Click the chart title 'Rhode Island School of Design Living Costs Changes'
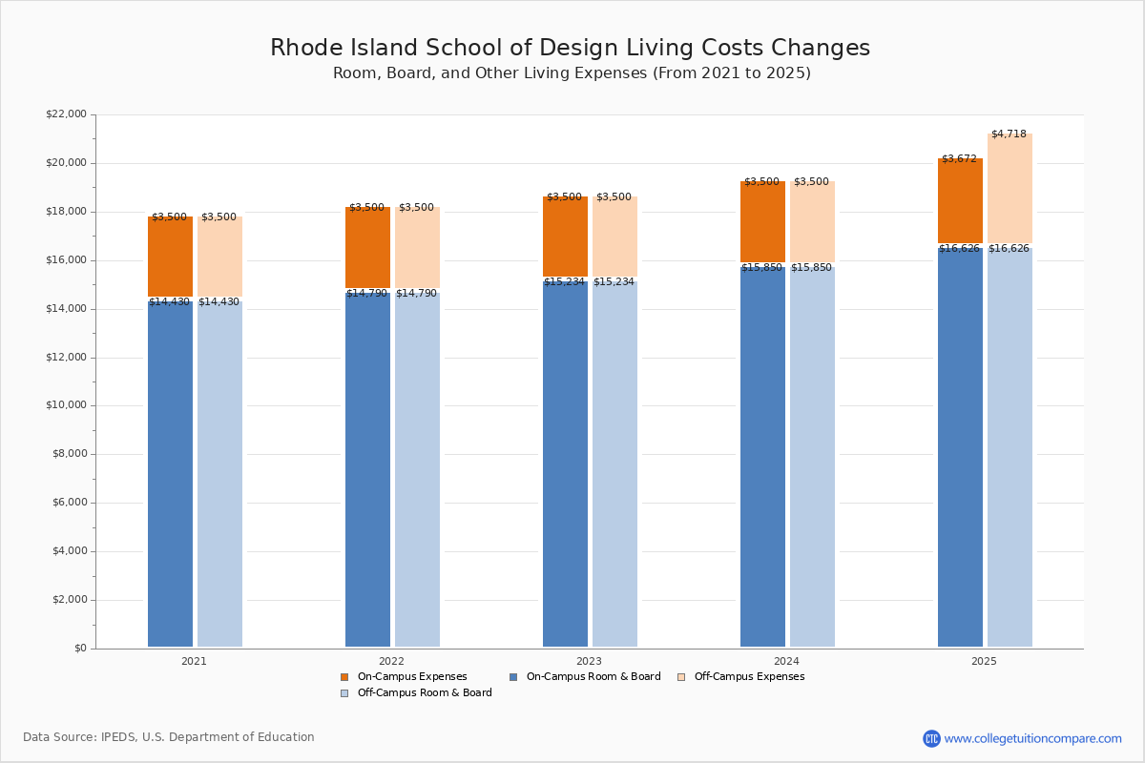570,48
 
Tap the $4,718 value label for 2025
1009,134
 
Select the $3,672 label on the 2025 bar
959,158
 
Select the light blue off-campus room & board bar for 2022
417,467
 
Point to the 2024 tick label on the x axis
786,661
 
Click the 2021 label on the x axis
194,661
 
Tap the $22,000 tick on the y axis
66,114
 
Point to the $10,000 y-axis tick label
66,405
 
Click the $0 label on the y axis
79,649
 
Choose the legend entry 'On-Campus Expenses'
411,677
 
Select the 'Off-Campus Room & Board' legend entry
424,693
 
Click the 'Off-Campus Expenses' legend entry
748,677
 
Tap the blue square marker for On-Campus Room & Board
513,677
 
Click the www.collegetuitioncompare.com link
1032,738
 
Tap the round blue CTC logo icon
931,738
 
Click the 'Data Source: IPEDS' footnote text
169,737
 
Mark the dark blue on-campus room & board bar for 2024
762,458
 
